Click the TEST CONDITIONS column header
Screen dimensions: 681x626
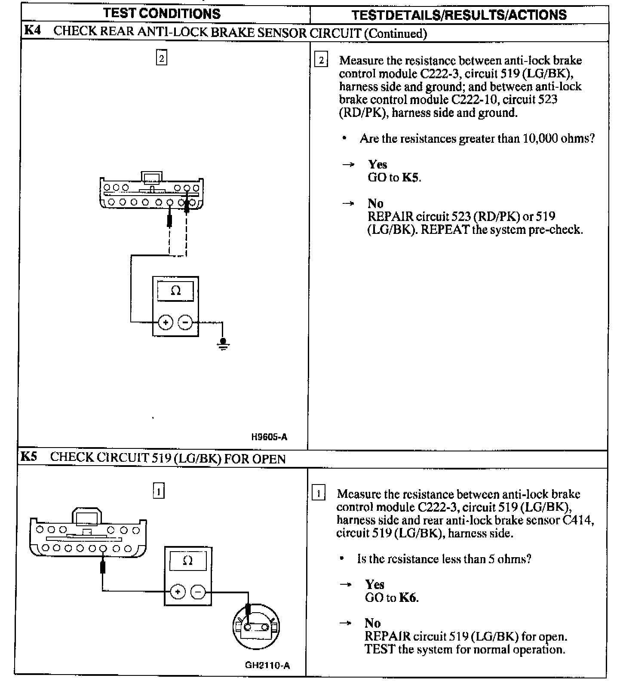[x=162, y=13]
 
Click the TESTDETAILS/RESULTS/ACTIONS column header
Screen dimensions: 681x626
[x=459, y=15]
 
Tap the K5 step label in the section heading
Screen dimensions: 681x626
[x=29, y=457]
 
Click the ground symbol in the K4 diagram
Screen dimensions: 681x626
[x=223, y=344]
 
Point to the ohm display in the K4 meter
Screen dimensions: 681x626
[x=175, y=291]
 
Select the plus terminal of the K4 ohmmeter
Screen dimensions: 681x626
[x=166, y=322]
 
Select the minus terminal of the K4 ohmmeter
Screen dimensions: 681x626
[x=185, y=322]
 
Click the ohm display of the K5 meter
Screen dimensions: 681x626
[x=188, y=561]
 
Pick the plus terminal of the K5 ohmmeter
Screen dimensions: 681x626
[x=178, y=592]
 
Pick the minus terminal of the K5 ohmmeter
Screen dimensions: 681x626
[x=198, y=592]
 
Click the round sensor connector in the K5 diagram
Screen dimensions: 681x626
[x=255, y=628]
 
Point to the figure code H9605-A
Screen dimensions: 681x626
[x=269, y=437]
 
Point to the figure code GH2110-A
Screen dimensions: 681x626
[x=267, y=666]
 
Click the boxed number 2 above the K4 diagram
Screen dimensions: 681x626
[x=161, y=58]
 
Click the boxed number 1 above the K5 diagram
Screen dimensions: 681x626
[x=159, y=491]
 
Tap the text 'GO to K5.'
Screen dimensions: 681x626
[x=394, y=178]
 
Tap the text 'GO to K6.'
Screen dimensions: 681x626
[x=392, y=598]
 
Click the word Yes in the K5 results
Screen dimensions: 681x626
[x=374, y=584]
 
